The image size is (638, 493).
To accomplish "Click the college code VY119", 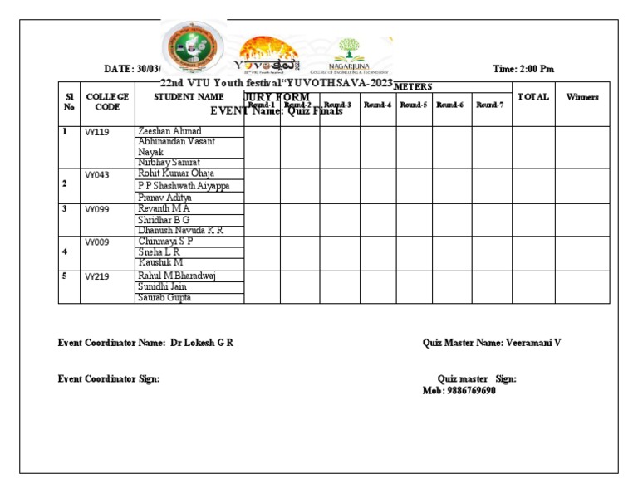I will pos(97,133).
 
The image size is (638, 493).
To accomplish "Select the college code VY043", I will pos(97,175).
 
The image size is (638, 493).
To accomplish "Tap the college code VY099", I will pos(97,210).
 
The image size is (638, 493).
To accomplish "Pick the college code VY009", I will pos(97,242).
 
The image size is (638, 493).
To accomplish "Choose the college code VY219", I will pos(97,277).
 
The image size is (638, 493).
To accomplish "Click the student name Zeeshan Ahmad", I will pos(169,131).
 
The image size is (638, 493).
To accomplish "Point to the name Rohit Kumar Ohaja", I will pos(176,174).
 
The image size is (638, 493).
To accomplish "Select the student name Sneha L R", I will pos(159,251).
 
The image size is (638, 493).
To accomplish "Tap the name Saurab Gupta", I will pos(164,297).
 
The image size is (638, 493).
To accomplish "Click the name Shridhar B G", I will pos(165,220).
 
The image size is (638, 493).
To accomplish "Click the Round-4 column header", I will pos(378,105).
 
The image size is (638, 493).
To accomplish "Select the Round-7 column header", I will pos(490,105).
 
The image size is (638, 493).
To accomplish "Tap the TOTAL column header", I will pos(533,97).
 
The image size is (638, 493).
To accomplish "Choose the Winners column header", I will pos(582,97).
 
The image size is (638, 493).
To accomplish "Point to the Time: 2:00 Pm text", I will pos(523,69).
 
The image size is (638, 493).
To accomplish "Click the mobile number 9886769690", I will pos(470,390).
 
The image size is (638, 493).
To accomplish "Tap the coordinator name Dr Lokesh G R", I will pos(202,343).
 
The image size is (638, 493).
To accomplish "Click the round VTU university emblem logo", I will pos(192,46).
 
